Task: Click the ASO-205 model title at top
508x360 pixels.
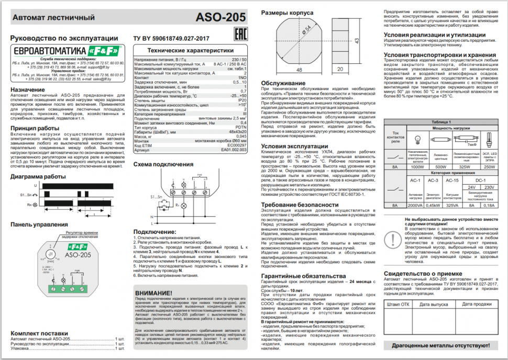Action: coord(220,18)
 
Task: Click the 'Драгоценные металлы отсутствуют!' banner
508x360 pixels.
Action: coord(436,346)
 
